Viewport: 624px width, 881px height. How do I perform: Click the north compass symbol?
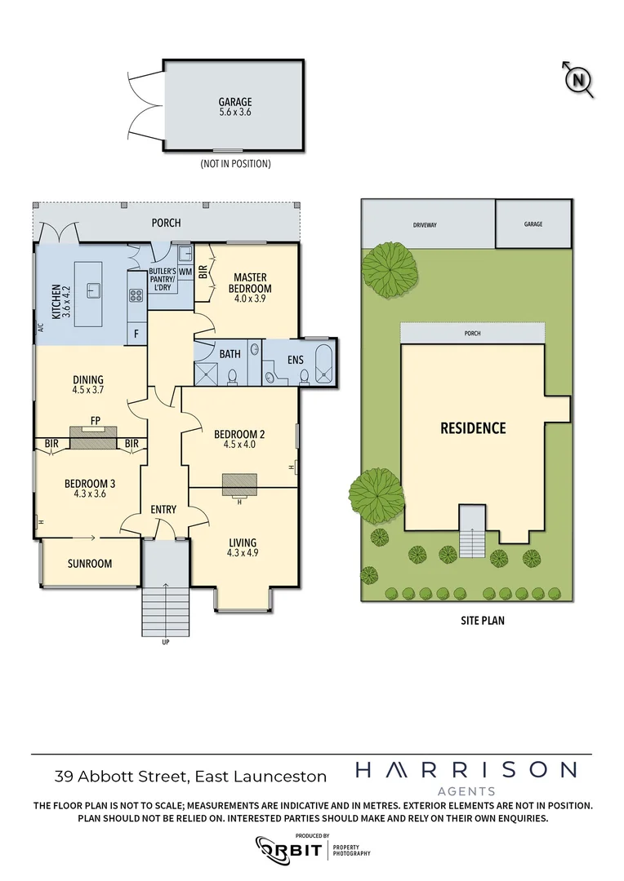(x=578, y=79)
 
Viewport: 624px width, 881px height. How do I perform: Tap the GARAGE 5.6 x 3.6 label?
(x=234, y=107)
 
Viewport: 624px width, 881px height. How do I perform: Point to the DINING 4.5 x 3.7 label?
(x=87, y=384)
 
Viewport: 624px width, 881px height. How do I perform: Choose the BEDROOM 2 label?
(x=234, y=439)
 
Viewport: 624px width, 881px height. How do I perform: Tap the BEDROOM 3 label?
(x=86, y=487)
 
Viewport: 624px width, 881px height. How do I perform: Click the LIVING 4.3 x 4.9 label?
(x=242, y=547)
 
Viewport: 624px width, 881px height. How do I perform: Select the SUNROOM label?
(x=90, y=564)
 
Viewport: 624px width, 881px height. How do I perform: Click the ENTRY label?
(x=163, y=510)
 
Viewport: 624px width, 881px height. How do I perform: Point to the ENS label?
(x=295, y=359)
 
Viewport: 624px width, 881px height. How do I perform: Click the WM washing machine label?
(x=185, y=270)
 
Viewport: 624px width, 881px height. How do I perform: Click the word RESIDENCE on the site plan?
(x=473, y=427)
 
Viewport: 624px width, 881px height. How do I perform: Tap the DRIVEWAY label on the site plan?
(x=428, y=224)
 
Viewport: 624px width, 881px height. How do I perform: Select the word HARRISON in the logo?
(x=466, y=770)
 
